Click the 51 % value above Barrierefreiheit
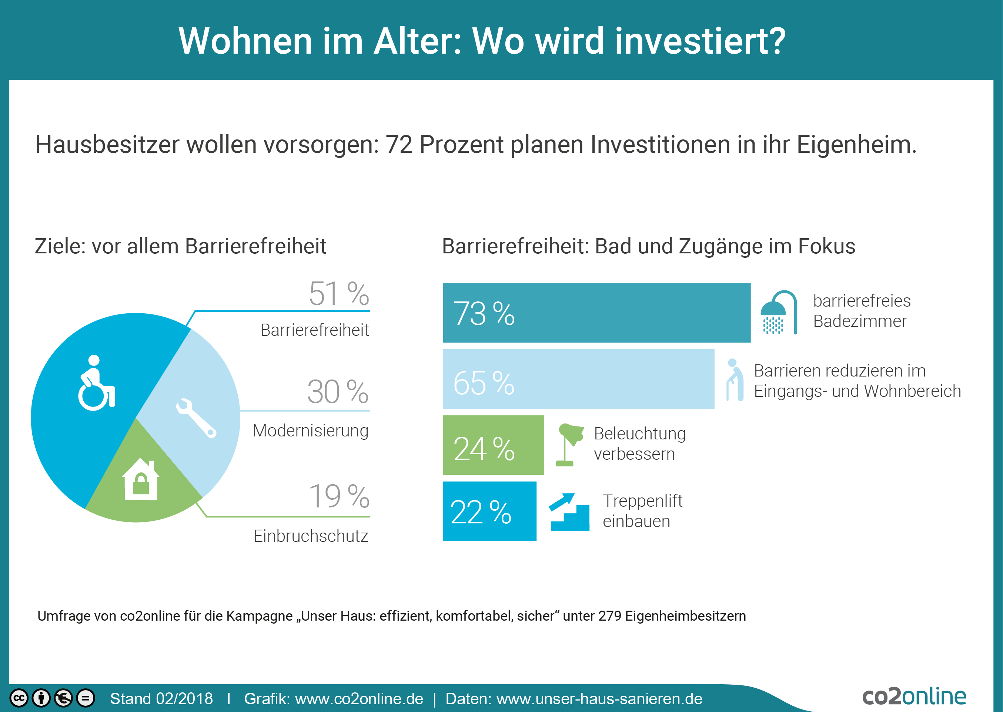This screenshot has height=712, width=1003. click(339, 293)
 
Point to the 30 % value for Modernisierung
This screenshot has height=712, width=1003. click(337, 392)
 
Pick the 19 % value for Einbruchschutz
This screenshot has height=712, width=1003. click(339, 496)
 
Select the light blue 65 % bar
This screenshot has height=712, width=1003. click(578, 379)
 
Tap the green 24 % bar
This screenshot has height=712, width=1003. click(493, 445)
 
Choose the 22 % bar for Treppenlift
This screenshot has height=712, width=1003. click(489, 511)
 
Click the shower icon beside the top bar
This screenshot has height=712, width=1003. click(778, 312)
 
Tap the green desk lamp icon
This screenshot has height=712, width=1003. click(569, 444)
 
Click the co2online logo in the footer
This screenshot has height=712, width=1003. click(914, 696)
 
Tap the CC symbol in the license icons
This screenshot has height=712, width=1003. click(19, 698)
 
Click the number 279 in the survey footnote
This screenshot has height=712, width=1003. click(609, 616)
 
